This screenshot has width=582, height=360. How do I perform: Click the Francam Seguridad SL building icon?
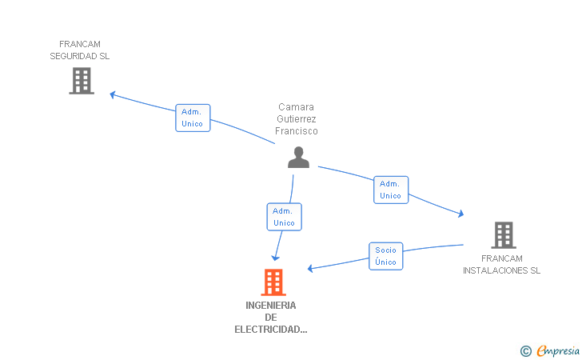(82, 81)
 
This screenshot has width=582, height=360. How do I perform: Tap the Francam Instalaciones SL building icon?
(503, 234)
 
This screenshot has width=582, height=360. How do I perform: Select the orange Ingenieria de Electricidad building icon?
(273, 282)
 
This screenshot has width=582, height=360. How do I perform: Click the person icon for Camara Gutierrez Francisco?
(298, 158)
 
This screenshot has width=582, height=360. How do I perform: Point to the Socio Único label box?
(385, 256)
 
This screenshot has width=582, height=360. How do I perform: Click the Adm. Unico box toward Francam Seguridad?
(193, 118)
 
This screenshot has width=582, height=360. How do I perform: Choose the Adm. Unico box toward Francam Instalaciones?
(390, 190)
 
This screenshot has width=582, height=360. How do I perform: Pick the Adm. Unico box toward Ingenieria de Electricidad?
(284, 217)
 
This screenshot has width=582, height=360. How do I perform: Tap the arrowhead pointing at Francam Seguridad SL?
(113, 94)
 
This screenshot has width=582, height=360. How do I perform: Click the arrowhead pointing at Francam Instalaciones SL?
(460, 214)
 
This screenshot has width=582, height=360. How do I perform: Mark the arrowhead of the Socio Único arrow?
(311, 269)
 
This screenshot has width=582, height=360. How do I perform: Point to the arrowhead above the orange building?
(276, 258)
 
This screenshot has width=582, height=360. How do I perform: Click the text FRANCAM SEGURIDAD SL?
(80, 50)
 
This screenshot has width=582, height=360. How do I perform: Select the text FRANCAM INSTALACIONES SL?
(502, 264)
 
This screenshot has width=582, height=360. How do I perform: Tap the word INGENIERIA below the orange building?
(271, 305)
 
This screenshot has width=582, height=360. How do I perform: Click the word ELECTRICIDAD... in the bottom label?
(271, 329)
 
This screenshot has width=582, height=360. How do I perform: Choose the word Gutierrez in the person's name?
(297, 118)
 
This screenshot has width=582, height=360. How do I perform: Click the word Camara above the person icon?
(297, 106)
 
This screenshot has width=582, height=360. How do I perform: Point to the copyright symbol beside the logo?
(525, 350)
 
